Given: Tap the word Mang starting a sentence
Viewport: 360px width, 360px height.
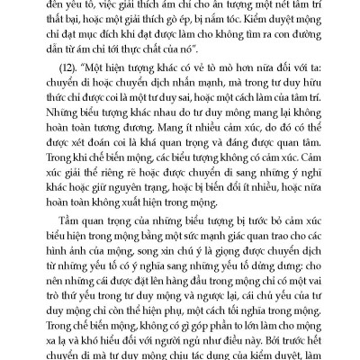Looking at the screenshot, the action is (x=214, y=137).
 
